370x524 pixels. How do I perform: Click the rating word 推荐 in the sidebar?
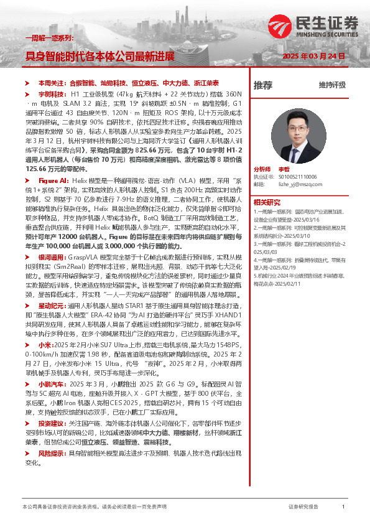[x=263, y=85]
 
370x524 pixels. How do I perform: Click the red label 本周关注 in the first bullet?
[x=51, y=82]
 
